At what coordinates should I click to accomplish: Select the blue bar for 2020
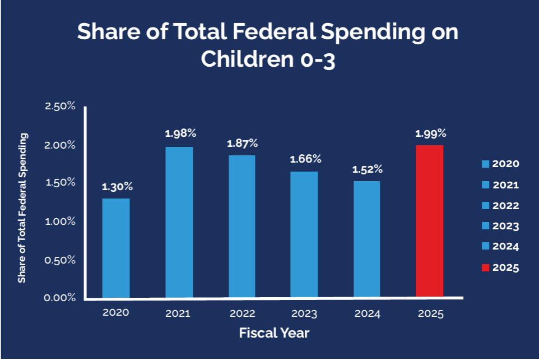[x=116, y=248]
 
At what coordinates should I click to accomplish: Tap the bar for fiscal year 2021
[x=179, y=222]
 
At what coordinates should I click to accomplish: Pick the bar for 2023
[x=304, y=234]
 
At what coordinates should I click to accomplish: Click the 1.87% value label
[x=241, y=143]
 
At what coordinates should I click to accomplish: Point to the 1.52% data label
[x=367, y=169]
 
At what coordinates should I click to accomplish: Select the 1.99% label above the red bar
[x=430, y=133]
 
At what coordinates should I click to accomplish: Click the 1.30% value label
[x=117, y=187]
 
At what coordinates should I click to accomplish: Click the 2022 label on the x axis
[x=241, y=313]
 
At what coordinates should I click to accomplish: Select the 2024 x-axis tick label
[x=368, y=314]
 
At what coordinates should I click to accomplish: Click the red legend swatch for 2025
[x=486, y=267]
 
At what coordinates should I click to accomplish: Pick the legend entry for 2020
[x=500, y=164]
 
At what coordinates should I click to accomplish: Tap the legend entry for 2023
[x=500, y=226]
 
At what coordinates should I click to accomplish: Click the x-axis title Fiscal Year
[x=274, y=333]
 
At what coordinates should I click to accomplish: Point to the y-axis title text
[x=22, y=208]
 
